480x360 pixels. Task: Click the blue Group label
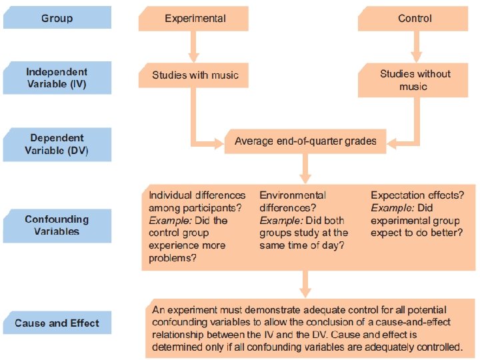click(x=57, y=18)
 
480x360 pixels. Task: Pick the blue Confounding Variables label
click(x=57, y=225)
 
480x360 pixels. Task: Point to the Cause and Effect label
click(x=57, y=323)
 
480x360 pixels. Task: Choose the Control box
click(x=415, y=18)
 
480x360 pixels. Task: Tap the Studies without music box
click(x=415, y=80)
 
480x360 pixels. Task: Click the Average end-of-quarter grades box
click(x=305, y=141)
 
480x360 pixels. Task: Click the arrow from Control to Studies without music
click(x=416, y=47)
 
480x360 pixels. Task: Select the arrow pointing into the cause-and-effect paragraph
click(x=305, y=285)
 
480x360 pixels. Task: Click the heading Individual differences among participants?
click(x=197, y=201)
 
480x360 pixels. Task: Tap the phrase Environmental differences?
click(x=293, y=201)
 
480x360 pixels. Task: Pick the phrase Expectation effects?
click(x=417, y=195)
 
